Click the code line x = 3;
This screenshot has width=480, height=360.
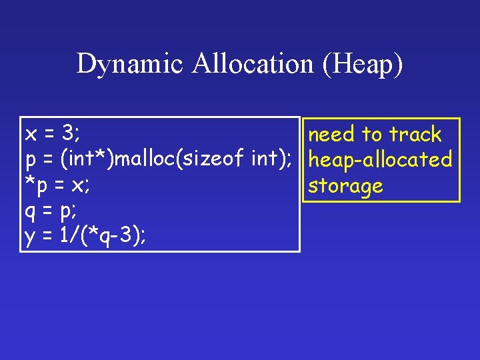(x=52, y=133)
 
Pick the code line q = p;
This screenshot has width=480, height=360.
(x=51, y=212)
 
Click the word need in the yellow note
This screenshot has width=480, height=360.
(x=331, y=135)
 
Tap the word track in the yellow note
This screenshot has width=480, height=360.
(x=415, y=135)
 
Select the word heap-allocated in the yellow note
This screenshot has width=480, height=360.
(x=379, y=160)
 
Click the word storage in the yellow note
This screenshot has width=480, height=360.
(x=345, y=186)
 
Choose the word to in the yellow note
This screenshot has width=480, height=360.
(x=371, y=135)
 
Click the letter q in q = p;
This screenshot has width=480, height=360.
(x=30, y=213)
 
